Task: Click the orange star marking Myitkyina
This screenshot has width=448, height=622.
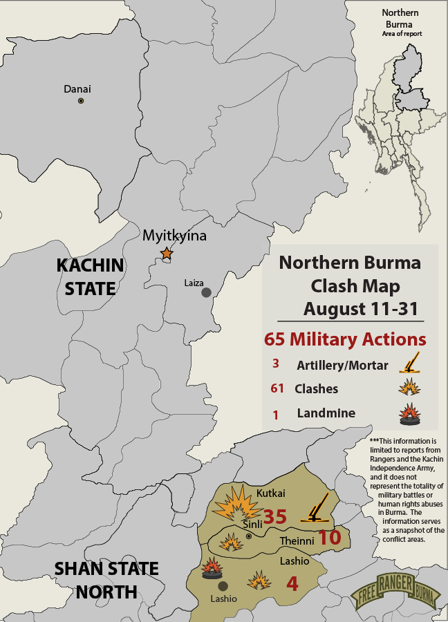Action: (167, 254)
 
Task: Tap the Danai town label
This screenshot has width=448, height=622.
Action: (77, 89)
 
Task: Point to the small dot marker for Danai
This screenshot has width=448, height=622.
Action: (81, 101)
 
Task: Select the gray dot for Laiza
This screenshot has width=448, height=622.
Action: (206, 292)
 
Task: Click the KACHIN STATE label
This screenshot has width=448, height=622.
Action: (90, 276)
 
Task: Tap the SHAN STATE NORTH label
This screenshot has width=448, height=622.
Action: (106, 581)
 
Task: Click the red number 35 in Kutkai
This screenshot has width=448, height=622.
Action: (275, 517)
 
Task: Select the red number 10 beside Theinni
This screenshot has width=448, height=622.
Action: (330, 537)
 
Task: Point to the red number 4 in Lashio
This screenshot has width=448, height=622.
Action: (292, 584)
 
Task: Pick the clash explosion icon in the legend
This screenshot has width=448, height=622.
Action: (409, 387)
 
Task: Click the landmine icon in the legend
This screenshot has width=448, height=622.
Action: (409, 414)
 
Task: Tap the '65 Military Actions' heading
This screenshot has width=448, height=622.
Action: (345, 339)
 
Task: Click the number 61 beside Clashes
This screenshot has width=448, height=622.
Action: (278, 388)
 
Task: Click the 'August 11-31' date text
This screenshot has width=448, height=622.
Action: (353, 308)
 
